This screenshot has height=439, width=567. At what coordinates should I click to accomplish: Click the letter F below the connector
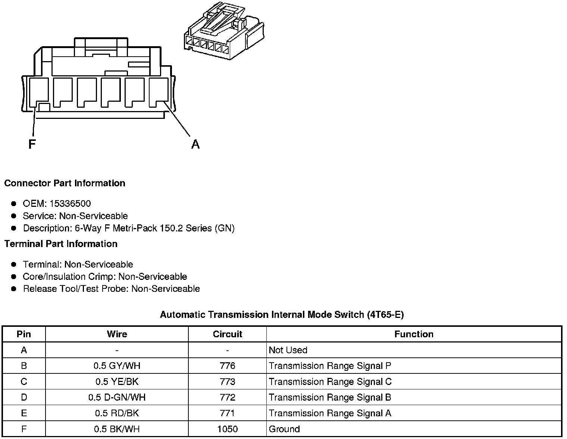tap(32, 144)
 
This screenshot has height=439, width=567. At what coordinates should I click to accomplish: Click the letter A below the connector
tap(195, 144)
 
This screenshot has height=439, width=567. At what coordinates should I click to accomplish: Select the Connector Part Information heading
tap(65, 183)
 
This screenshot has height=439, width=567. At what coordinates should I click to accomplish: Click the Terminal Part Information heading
tap(61, 244)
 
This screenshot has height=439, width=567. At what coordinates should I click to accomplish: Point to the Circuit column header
tap(228, 334)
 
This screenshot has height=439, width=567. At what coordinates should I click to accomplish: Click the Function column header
tap(414, 334)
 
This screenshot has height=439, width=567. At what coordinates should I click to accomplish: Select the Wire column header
tap(117, 334)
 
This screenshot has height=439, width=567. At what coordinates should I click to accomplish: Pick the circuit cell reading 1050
tap(228, 429)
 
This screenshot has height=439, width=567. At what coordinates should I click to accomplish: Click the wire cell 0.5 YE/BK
tap(117, 382)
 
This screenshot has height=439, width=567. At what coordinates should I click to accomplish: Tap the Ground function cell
tap(284, 429)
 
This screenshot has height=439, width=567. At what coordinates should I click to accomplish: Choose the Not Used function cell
tap(288, 350)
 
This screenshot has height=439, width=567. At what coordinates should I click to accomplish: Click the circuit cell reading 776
tap(228, 366)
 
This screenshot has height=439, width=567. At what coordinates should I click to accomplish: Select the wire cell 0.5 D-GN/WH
tap(117, 397)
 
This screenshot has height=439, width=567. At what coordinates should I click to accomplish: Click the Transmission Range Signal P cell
tap(330, 366)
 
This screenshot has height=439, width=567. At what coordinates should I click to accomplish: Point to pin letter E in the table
tap(24, 413)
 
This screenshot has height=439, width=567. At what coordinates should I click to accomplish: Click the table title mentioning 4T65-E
tap(282, 315)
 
